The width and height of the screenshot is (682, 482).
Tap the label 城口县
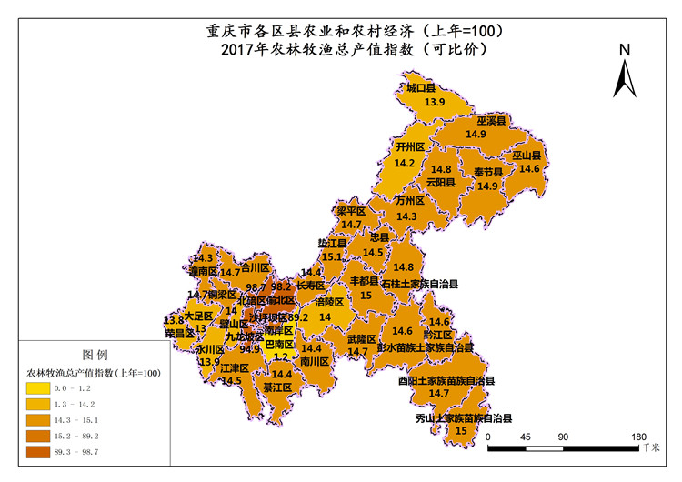422,88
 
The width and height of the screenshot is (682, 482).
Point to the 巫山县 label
527,156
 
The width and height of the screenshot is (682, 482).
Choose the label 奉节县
488,172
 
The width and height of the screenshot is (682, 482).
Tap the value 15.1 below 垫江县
332,257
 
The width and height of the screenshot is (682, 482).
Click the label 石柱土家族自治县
419,284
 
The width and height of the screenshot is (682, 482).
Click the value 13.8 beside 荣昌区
173,320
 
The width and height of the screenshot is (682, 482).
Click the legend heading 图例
95,354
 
